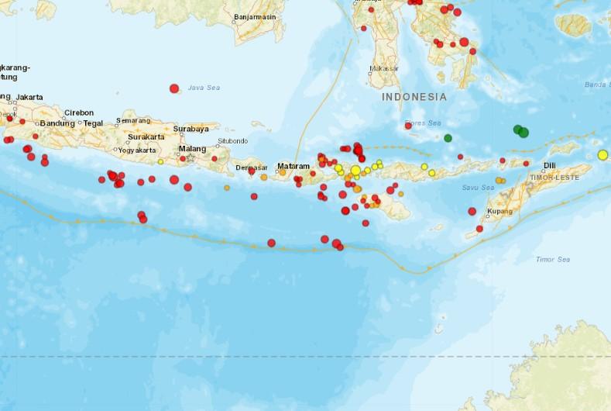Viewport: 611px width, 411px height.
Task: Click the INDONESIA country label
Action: coord(414,97)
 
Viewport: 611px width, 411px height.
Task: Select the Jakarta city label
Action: coord(29,97)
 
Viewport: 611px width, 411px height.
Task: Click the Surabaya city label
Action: coord(191,129)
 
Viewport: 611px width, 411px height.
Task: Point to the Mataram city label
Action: coord(293,166)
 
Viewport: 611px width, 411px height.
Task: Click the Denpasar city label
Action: coord(252,167)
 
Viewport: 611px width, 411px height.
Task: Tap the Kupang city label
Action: coord(499,211)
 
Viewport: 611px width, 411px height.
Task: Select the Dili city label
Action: coord(549,165)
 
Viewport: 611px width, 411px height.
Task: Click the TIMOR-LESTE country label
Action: coord(554,178)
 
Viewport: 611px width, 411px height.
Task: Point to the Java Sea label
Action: coord(204,88)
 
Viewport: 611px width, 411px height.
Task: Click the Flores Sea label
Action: coord(424,123)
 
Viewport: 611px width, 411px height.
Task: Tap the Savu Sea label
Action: coord(478,188)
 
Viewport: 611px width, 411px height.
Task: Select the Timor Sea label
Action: coord(552,259)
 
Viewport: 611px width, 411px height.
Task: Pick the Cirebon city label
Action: coord(79,112)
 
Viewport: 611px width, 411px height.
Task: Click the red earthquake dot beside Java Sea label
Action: coord(174,88)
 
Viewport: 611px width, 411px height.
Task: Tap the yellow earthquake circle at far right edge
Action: coord(602,155)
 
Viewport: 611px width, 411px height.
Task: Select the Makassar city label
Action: coord(384,68)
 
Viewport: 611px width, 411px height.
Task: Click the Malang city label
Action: coord(192,148)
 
